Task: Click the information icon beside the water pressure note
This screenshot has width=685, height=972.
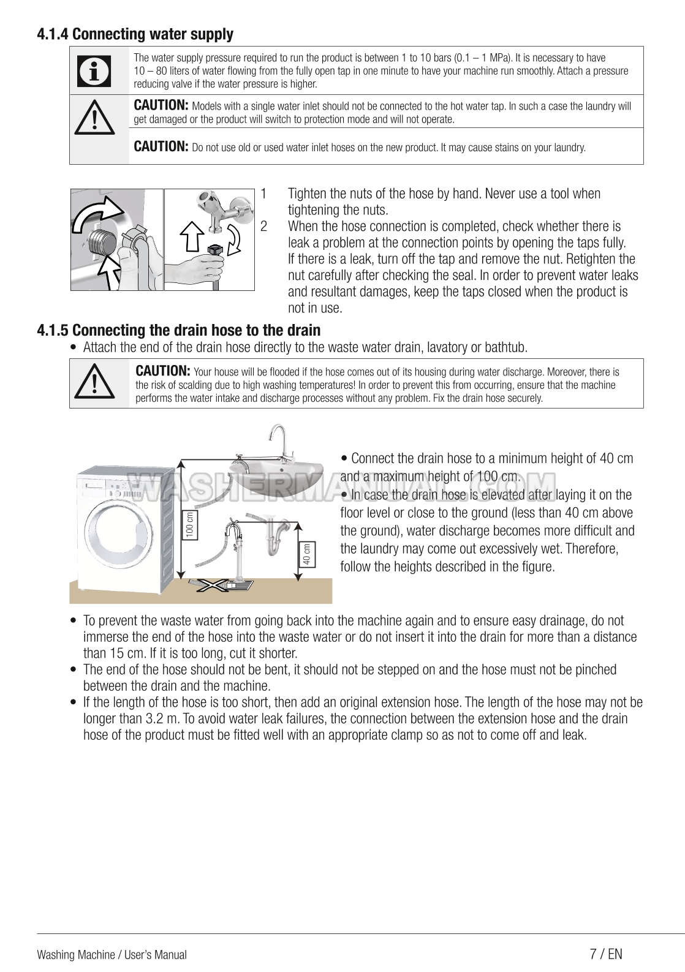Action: [x=94, y=71]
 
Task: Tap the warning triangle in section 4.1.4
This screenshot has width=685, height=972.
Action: [x=94, y=119]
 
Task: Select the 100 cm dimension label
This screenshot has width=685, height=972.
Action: [x=190, y=525]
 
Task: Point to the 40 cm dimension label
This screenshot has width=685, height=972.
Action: [x=306, y=554]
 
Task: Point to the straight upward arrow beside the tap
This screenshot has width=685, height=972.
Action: [x=192, y=236]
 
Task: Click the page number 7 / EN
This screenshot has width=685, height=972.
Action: [x=605, y=954]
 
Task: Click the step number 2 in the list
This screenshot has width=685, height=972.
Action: [x=263, y=226]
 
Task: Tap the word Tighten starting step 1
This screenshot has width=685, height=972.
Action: [x=307, y=194]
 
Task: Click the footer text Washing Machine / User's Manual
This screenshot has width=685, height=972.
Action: [x=112, y=954]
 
